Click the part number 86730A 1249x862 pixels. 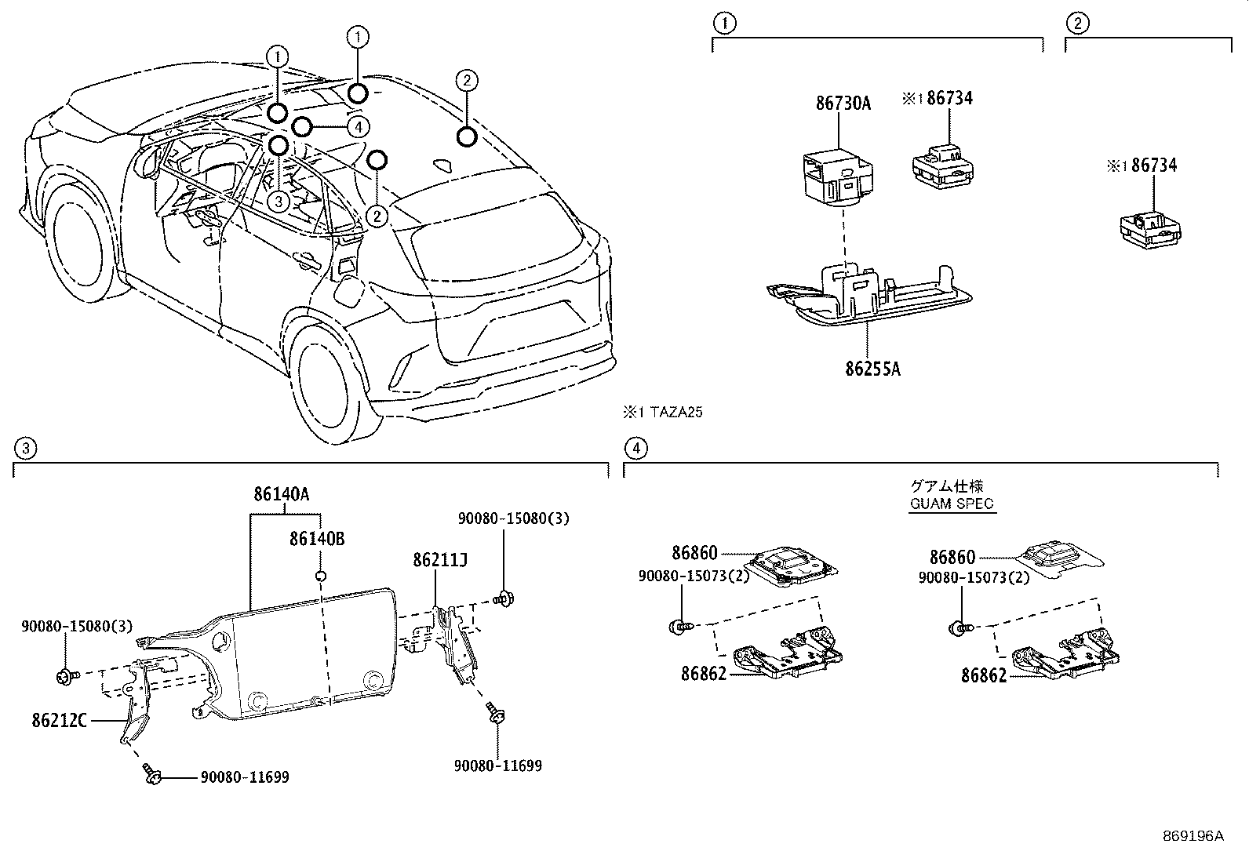[843, 103]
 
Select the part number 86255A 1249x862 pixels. [872, 368]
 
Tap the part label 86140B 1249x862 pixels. [317, 539]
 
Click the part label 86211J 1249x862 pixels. [440, 559]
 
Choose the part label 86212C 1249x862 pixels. [60, 720]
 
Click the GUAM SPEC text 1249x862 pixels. [952, 504]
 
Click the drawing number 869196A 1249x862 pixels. [1193, 835]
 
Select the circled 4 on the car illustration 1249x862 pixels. [357, 126]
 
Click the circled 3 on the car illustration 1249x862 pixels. [279, 202]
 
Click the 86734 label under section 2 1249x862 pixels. [1153, 165]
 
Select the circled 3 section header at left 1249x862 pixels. [24, 448]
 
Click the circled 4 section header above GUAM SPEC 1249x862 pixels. [635, 448]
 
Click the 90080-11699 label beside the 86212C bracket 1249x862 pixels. [244, 777]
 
